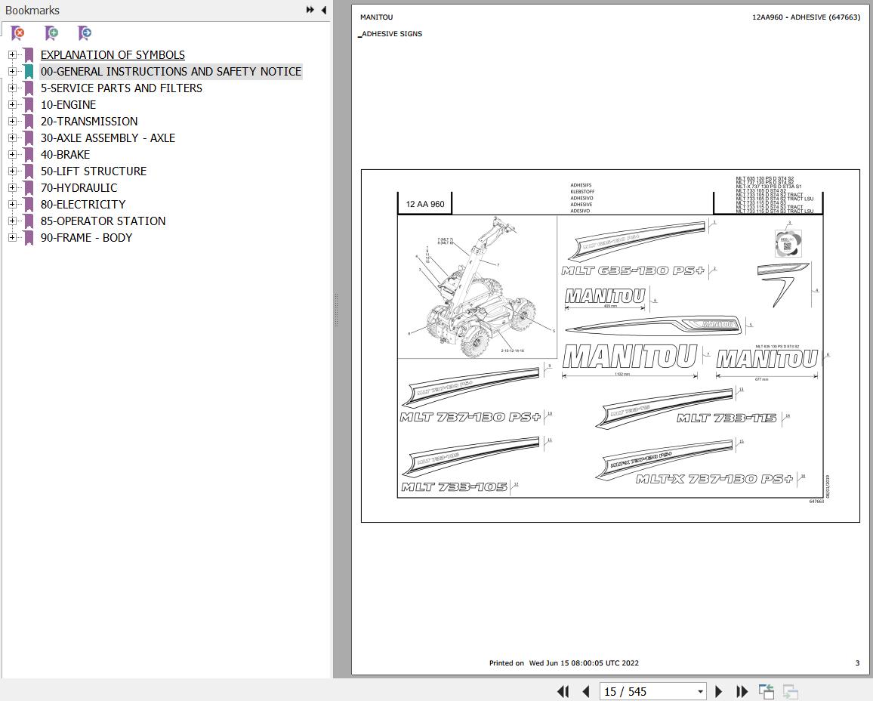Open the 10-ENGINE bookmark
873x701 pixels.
(68, 105)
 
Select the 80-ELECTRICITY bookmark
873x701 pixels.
(83, 205)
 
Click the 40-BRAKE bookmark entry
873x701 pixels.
(65, 155)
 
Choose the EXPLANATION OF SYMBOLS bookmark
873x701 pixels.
(113, 55)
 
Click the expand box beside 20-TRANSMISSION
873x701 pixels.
(12, 122)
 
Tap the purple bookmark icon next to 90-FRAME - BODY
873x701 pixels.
(28, 238)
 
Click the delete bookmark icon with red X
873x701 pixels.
(18, 32)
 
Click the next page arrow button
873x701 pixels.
(718, 691)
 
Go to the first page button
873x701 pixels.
(563, 691)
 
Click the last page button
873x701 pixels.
(742, 691)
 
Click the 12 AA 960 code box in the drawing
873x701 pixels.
(425, 205)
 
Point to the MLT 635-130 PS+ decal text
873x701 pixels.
(633, 270)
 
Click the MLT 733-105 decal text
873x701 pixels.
(454, 487)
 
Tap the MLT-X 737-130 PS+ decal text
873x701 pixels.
(714, 479)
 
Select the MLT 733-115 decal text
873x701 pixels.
(726, 418)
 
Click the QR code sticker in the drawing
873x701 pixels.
(787, 243)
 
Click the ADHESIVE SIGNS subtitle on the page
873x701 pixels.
(392, 34)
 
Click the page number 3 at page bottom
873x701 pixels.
(856, 663)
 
